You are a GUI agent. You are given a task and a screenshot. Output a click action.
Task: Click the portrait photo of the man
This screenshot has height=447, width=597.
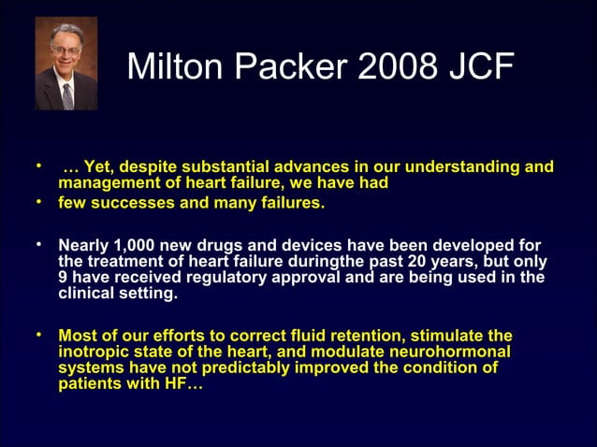click(66, 63)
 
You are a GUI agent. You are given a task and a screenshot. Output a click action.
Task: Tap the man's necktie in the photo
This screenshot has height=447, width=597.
click(67, 94)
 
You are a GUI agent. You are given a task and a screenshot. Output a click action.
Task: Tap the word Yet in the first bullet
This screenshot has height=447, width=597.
click(97, 167)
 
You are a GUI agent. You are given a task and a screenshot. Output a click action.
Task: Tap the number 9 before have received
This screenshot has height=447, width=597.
click(64, 277)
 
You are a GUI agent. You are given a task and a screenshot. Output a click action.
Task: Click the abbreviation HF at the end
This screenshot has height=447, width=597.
click(179, 383)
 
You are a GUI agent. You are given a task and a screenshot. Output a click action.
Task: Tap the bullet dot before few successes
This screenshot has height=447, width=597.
click(39, 201)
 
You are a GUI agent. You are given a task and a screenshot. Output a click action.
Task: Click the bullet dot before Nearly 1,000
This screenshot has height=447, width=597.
click(39, 244)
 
